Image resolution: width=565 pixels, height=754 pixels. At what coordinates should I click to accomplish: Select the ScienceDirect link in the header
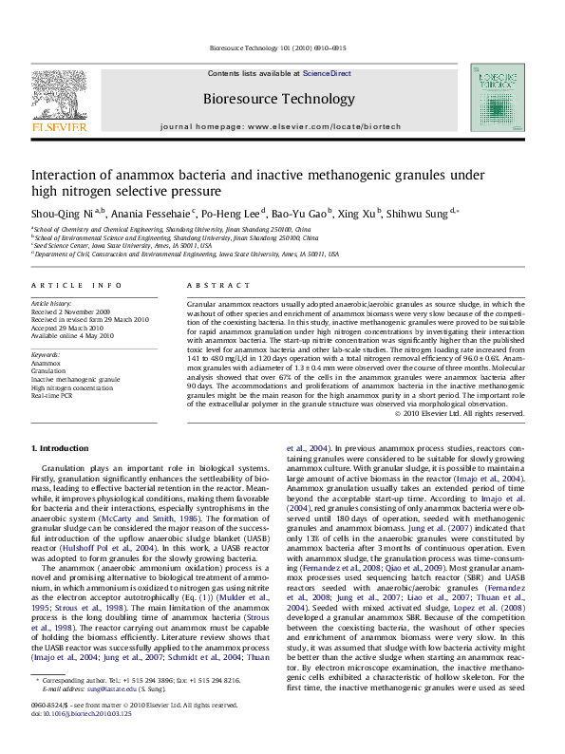pos(327,73)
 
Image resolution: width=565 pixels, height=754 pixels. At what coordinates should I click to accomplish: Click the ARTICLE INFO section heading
pos(77,285)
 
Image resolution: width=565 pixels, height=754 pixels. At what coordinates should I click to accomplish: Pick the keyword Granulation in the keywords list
pos(49,371)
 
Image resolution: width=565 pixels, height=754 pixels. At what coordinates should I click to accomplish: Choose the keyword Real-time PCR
pos(52,394)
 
